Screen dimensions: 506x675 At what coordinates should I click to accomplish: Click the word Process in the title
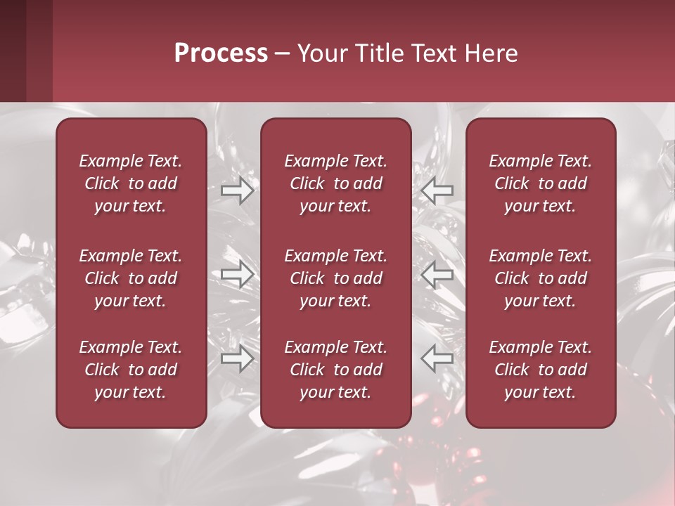coord(221,53)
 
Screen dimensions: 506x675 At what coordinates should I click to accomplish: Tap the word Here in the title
coord(491,53)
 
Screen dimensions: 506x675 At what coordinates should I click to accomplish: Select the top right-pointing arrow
coord(238,190)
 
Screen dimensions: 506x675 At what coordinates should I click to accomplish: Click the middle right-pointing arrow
coord(238,274)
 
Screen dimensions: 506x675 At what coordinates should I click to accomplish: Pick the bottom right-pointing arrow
coord(238,359)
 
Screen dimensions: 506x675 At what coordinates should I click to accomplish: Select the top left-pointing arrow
coord(437,190)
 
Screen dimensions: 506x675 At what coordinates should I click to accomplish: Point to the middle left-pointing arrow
coord(437,274)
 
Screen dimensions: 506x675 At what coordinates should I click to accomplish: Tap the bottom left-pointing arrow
coord(437,359)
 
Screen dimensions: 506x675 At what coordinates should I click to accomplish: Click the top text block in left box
coord(131,183)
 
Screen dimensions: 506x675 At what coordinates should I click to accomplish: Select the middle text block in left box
coord(131,278)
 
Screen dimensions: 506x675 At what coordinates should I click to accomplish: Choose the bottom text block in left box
coord(131,370)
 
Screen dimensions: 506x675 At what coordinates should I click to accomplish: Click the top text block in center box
coord(336,183)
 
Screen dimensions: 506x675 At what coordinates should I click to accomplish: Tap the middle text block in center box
coord(336,278)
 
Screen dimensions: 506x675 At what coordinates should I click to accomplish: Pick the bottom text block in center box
coord(336,370)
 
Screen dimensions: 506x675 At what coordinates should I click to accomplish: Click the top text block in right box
coord(541,183)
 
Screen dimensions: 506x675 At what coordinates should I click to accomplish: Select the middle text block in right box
coord(541,278)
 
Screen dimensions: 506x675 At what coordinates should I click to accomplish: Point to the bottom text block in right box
coord(541,370)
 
